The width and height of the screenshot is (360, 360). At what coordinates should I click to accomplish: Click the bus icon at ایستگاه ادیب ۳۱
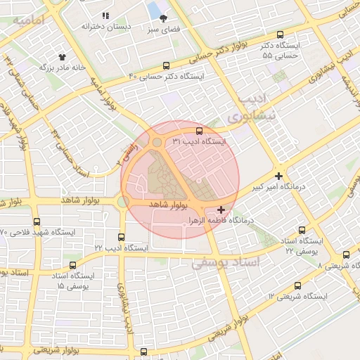(x=199, y=131)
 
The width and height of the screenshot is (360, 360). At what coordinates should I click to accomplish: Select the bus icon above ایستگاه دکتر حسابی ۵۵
(x=281, y=34)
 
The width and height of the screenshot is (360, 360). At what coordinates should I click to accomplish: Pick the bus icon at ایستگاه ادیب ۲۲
(x=122, y=237)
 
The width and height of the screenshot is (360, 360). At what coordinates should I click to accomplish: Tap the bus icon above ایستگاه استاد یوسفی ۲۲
(x=302, y=230)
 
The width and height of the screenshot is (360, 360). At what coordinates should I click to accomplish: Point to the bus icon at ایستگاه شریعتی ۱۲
(x=297, y=285)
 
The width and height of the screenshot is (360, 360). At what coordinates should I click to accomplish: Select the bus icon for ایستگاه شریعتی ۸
(x=345, y=255)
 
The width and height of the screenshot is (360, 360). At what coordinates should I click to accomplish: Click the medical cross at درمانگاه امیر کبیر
(x=279, y=176)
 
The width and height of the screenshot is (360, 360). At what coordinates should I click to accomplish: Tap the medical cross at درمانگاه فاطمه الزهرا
(x=221, y=210)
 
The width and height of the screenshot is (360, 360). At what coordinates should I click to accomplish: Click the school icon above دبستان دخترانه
(x=106, y=15)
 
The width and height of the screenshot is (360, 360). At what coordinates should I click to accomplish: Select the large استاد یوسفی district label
(x=226, y=262)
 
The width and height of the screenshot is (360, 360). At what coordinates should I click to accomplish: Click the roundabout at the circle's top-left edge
(x=155, y=143)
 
